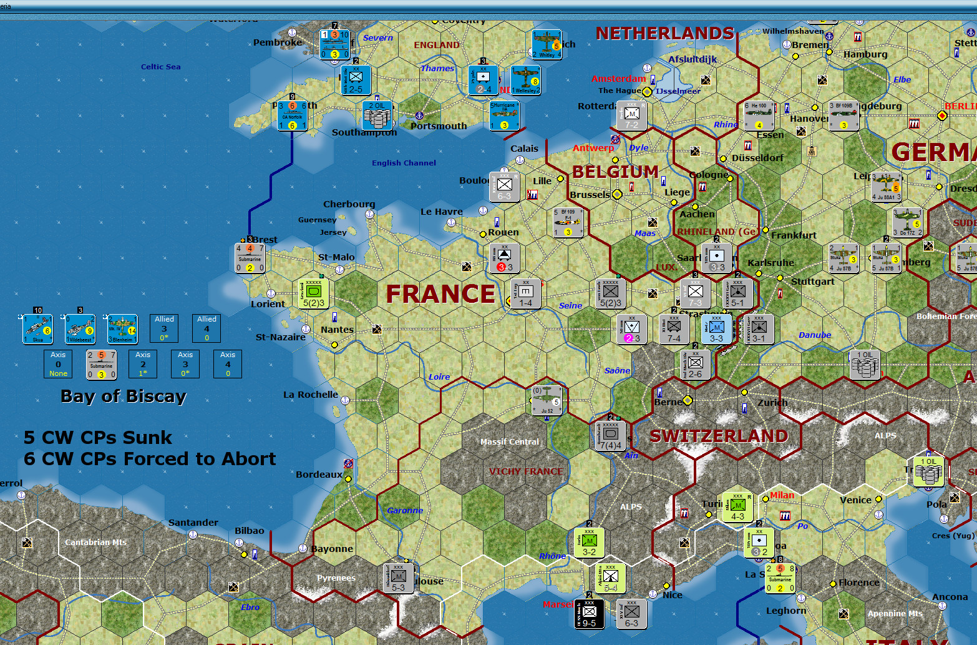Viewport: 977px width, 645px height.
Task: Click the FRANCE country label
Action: point(440,293)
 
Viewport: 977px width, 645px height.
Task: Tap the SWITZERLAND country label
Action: point(719,436)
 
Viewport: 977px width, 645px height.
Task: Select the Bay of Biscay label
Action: point(124,396)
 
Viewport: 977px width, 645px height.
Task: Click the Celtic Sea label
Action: point(160,67)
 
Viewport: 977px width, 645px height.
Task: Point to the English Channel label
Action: point(404,163)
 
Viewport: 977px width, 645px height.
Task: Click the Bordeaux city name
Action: point(319,475)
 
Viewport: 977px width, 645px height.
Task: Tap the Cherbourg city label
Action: point(349,204)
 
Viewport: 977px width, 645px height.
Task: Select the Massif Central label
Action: point(509,441)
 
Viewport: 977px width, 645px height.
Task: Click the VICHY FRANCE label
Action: point(525,471)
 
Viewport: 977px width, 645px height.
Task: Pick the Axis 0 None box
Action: point(58,363)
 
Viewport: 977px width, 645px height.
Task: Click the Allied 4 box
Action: point(207,328)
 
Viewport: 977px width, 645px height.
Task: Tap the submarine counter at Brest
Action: point(250,258)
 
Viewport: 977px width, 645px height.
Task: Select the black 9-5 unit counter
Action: point(589,614)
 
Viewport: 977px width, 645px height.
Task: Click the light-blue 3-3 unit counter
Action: point(716,329)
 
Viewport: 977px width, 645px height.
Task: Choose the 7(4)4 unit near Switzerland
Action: point(611,435)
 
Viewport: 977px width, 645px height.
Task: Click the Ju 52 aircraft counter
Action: point(547,401)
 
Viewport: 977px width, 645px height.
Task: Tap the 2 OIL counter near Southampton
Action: point(377,116)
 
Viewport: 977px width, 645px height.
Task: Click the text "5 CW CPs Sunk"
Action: point(97,437)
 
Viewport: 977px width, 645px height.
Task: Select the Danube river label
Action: point(814,335)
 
